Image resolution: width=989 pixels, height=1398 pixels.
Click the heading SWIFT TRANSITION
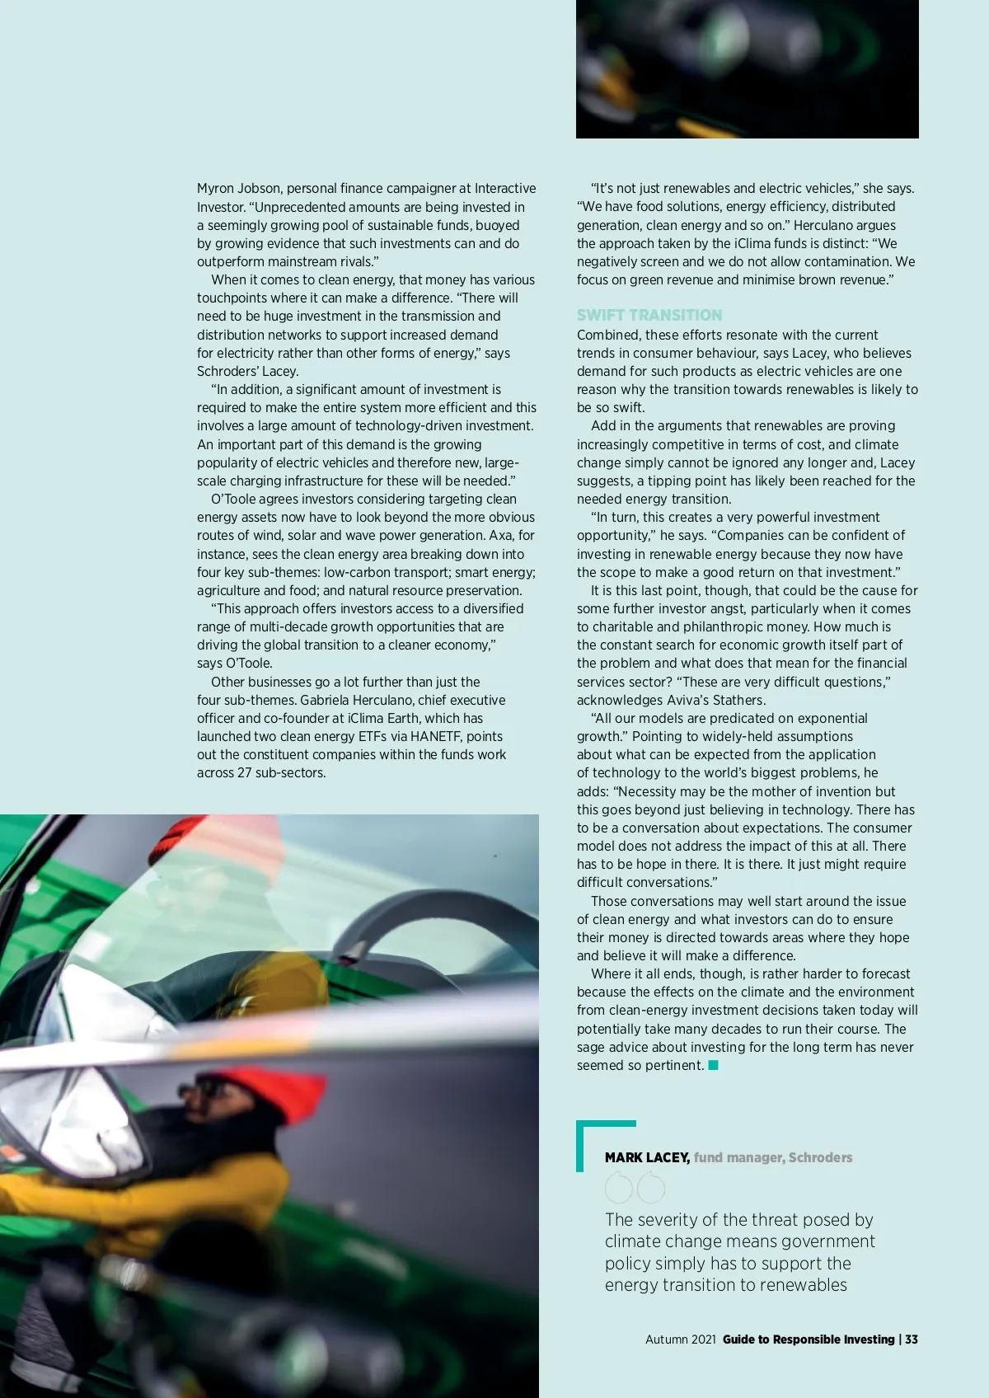point(649,316)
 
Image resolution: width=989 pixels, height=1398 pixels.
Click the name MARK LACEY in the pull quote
point(647,1157)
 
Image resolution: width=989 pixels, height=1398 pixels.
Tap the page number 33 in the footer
point(912,1339)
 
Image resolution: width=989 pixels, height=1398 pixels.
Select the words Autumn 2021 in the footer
point(680,1339)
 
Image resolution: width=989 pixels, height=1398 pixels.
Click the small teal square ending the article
point(714,1065)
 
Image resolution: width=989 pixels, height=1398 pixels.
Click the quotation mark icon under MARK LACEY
point(635,1188)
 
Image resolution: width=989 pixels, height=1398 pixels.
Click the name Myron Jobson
point(239,189)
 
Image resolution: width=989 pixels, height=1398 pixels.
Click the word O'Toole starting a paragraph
point(235,499)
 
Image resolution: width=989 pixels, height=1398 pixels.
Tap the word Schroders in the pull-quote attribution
point(820,1157)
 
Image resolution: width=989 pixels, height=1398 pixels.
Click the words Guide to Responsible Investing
point(808,1339)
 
